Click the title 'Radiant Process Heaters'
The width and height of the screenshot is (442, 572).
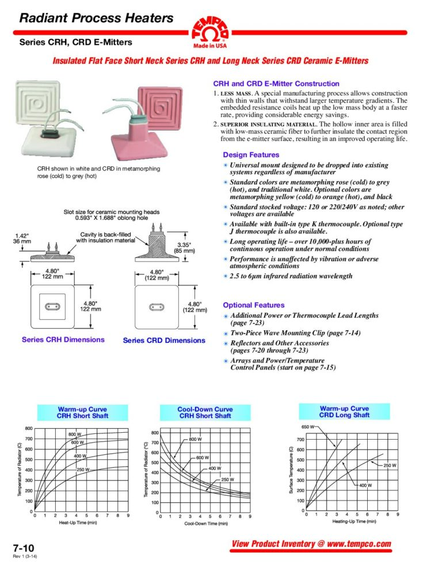pyautogui.click(x=96, y=18)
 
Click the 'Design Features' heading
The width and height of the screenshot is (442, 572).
pyautogui.click(x=251, y=155)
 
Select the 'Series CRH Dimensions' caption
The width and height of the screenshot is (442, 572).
pyautogui.click(x=63, y=340)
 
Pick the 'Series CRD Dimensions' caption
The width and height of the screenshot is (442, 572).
pyautogui.click(x=164, y=340)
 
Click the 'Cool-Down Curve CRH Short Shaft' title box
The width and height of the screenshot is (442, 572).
pyautogui.click(x=205, y=413)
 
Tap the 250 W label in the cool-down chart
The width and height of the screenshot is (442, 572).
pyautogui.click(x=227, y=479)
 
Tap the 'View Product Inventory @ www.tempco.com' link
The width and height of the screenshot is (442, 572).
pyautogui.click(x=311, y=544)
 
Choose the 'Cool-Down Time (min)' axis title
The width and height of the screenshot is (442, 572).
pyautogui.click(x=206, y=524)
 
